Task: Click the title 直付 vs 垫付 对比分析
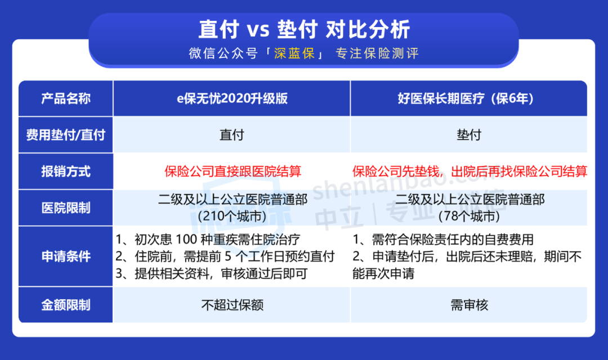304,29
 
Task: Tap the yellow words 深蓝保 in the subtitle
294,53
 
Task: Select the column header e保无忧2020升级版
233,98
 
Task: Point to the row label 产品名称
66,98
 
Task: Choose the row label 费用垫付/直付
66,135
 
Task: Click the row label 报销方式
66,171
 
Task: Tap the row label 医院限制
66,208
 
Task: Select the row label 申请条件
66,256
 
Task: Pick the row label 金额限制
66,305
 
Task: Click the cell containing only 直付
232,135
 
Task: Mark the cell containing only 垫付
469,135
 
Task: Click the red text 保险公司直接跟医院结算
233,171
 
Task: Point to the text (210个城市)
233,216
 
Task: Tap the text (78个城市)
469,216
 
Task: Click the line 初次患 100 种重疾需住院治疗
208,240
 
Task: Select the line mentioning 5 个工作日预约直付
225,256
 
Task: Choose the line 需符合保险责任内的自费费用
443,240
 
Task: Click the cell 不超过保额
233,305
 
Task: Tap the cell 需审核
469,305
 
